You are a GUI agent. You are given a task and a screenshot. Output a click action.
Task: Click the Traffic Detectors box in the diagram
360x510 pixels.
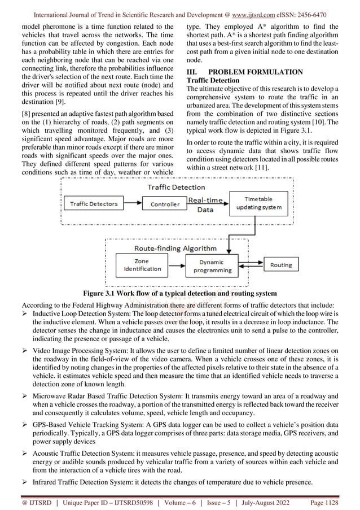pos(93,203)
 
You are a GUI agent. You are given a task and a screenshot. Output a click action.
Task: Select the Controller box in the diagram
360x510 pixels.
pos(164,203)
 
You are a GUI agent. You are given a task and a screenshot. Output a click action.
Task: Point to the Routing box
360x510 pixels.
pos(280,265)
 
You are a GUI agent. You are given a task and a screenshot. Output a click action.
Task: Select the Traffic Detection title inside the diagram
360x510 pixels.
pos(176,186)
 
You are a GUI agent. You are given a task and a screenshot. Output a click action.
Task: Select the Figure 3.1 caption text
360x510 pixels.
pos(179,293)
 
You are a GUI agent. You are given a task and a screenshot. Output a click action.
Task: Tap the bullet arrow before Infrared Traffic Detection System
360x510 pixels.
pos(25,481)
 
